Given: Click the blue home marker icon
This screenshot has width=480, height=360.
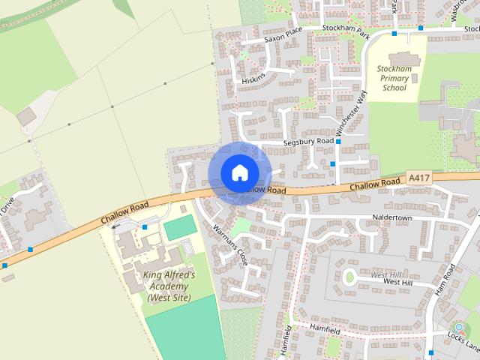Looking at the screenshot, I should [x=239, y=172].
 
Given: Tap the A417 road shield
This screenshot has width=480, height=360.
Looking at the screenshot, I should [x=419, y=178].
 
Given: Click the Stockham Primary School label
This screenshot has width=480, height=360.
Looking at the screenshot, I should [x=394, y=78].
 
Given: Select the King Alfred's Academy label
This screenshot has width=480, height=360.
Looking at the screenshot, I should [x=169, y=286].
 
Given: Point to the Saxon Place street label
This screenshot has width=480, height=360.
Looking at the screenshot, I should [x=282, y=40].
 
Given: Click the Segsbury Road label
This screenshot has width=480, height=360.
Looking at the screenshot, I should [x=307, y=141].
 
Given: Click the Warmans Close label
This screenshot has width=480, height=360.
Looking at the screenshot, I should [x=229, y=242].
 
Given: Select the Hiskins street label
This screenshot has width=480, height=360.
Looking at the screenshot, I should [x=253, y=71].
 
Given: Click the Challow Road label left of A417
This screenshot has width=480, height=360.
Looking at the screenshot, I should [x=373, y=184].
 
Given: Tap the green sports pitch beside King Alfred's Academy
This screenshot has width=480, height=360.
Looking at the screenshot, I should [x=179, y=228].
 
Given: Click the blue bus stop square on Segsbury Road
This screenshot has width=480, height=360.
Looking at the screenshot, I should [x=338, y=141].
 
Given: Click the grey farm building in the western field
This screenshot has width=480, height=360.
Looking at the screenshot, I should [x=26, y=116].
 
